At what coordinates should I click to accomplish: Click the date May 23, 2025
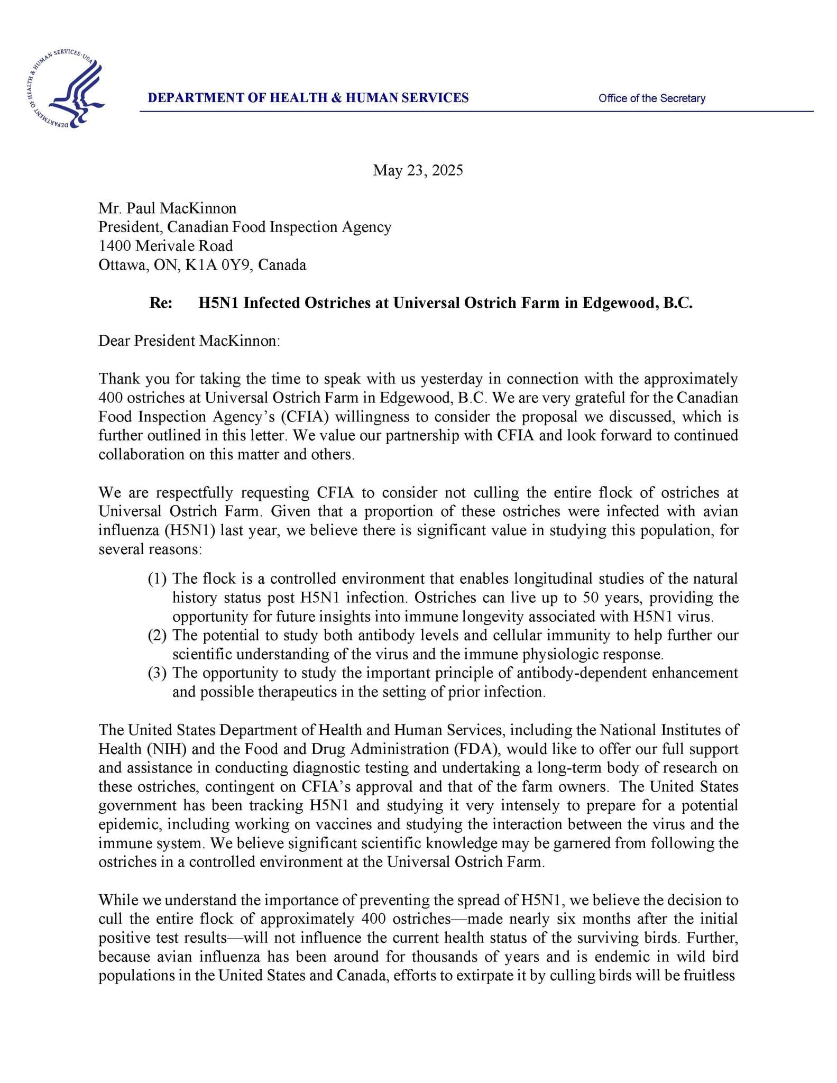(418, 170)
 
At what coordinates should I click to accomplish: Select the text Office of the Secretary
(651, 98)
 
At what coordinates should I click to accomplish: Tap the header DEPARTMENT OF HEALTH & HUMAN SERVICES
(308, 98)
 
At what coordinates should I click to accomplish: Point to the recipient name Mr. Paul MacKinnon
(168, 208)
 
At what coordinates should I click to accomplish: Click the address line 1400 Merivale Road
(165, 246)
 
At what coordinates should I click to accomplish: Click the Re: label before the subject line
(161, 303)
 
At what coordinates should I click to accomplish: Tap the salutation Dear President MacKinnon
(189, 341)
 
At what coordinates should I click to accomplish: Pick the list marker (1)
(157, 579)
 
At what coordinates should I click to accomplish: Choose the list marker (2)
(157, 636)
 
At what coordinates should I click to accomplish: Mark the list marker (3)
(157, 673)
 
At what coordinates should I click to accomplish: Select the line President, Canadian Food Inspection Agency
(245, 227)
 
